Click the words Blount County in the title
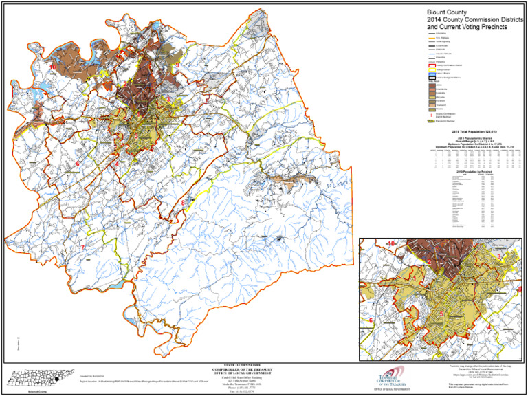pos(448,12)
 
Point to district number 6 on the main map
pos(78,164)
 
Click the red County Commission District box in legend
pos(432,65)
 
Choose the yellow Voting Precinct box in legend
pos(432,70)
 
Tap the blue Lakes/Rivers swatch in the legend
pos(432,75)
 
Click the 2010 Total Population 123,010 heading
pos(474,130)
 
